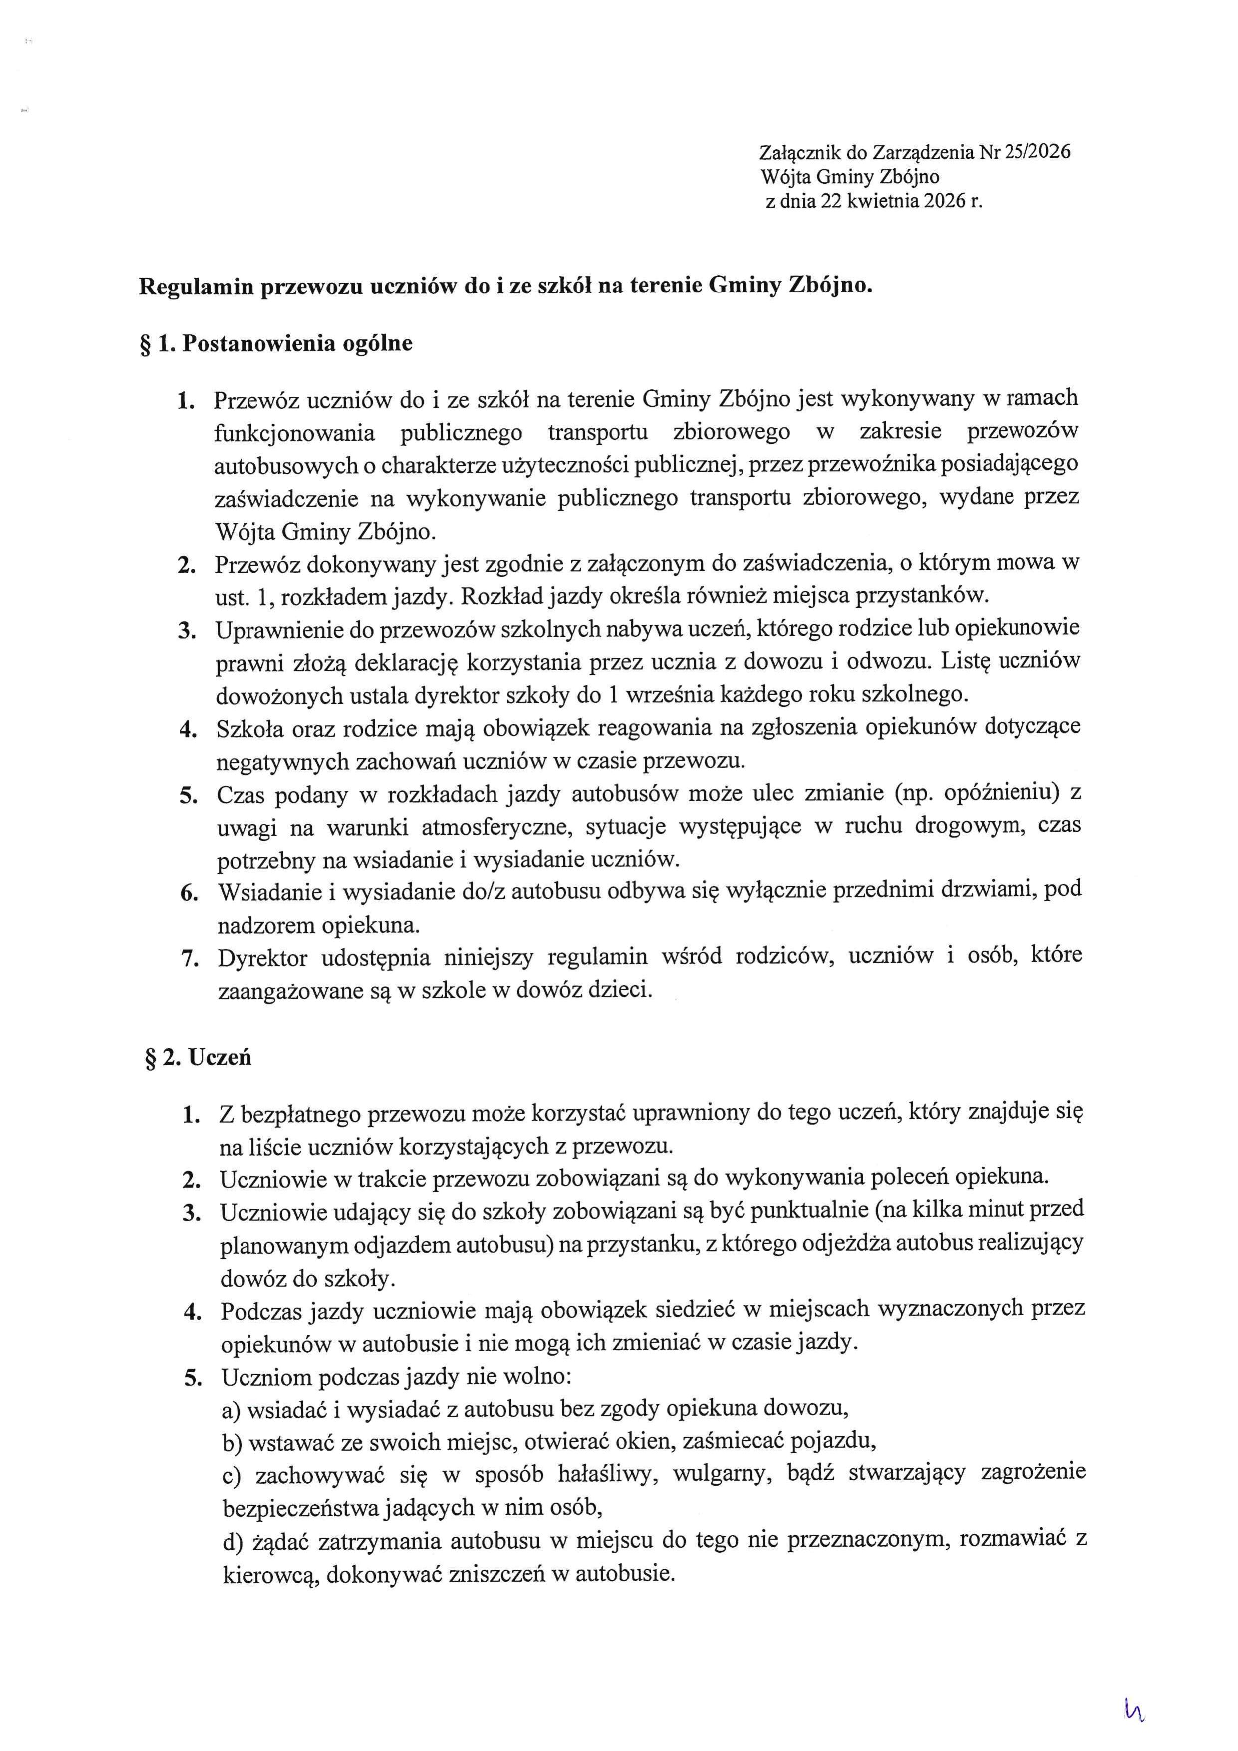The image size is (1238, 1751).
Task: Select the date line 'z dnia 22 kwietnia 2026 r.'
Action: coord(874,201)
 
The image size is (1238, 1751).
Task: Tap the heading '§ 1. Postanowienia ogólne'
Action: coord(275,343)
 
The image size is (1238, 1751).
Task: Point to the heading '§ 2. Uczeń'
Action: coord(198,1058)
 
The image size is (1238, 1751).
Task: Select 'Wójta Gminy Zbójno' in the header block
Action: coord(850,177)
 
